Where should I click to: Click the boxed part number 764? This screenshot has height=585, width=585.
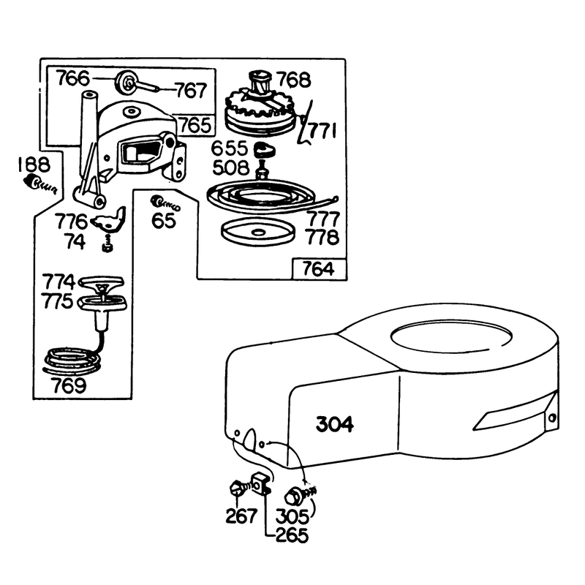(x=318, y=269)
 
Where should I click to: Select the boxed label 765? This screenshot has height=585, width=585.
(x=196, y=125)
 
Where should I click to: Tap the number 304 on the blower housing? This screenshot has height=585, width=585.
(x=335, y=424)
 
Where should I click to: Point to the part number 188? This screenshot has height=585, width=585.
(x=34, y=165)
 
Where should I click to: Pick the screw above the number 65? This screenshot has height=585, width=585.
(x=165, y=203)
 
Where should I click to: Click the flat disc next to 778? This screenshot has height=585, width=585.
(x=258, y=233)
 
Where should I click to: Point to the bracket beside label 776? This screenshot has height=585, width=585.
(x=109, y=221)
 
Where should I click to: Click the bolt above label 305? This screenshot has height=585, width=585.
(x=300, y=496)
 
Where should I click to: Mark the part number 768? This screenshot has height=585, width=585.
(x=294, y=80)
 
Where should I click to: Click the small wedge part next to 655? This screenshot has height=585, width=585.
(x=265, y=149)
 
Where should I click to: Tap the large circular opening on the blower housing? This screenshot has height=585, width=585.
(x=450, y=336)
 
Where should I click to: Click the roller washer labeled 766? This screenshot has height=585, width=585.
(x=125, y=84)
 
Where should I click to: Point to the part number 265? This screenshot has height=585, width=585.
(x=292, y=535)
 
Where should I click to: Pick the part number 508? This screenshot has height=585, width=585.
(x=231, y=167)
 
